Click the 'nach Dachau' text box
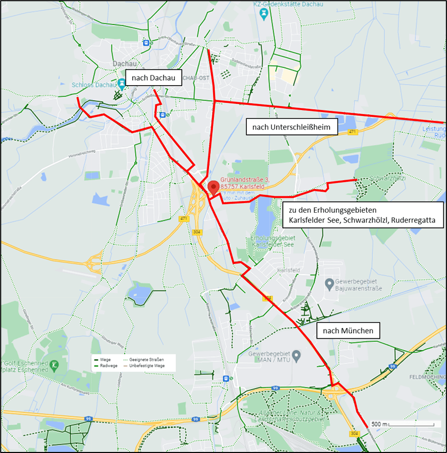pos(154,79)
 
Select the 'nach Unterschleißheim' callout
pos(292,127)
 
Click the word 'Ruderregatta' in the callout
pos(413,221)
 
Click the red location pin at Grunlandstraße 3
pos(213,187)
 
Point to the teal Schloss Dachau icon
pos(122,83)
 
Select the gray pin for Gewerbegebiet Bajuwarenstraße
pos(329,283)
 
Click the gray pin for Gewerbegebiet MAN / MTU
pos(296,356)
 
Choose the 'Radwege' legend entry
pos(106,366)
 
